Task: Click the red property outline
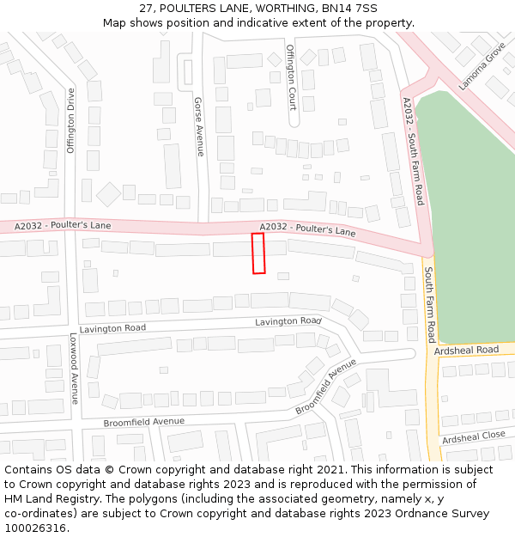[x=258, y=253]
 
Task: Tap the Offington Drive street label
[x=71, y=120]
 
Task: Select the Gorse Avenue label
[x=199, y=126]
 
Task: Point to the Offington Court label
[x=292, y=77]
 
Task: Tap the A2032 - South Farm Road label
[x=414, y=151]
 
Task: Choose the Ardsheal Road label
[x=466, y=351]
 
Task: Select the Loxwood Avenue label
[x=74, y=369]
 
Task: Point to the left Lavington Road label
[x=112, y=328]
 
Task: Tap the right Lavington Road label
[x=288, y=321]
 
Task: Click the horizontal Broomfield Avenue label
[x=143, y=422]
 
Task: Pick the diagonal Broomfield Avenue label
[x=326, y=387]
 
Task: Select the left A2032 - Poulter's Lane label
[x=63, y=226]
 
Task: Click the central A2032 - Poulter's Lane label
[x=307, y=229]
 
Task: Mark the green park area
[x=468, y=215]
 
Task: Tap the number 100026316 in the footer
[x=35, y=528]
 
